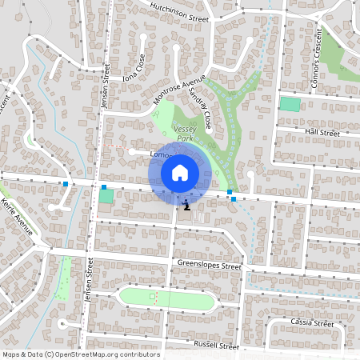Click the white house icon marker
180,173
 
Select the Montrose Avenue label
179,93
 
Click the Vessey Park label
185,133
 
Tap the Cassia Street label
311,323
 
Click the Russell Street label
217,346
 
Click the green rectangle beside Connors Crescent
290,104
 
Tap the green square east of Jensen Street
106,196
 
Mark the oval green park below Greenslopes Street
167,298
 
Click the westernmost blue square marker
66,184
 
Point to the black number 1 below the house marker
186,206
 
